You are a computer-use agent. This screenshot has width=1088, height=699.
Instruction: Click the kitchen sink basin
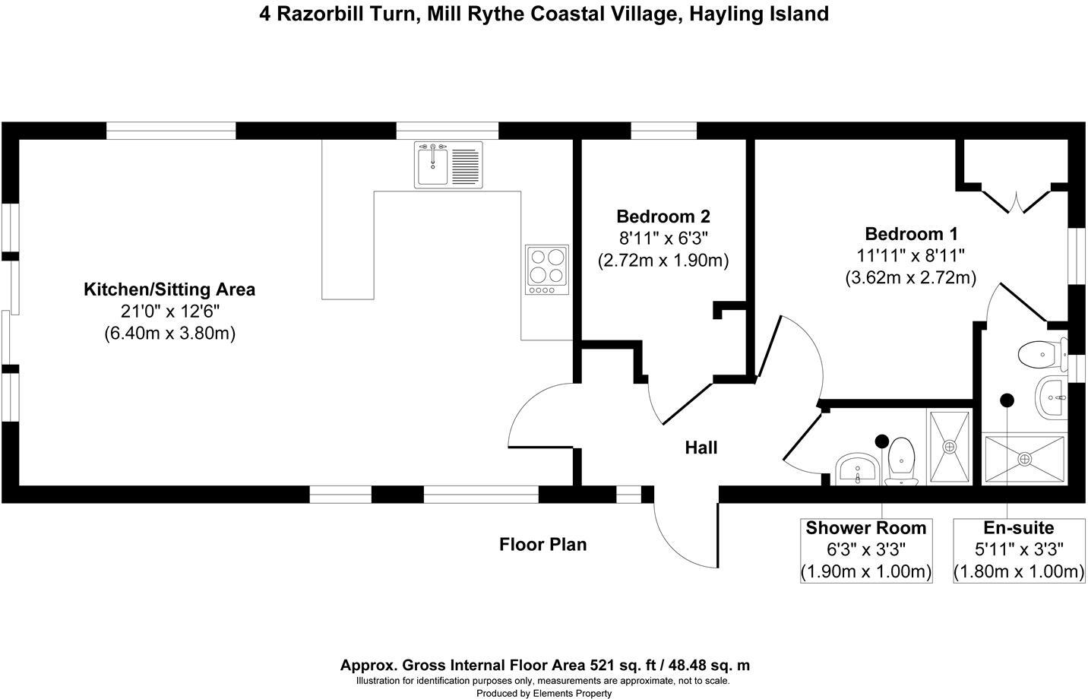click(432, 164)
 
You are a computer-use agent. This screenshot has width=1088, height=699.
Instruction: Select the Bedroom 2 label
click(663, 217)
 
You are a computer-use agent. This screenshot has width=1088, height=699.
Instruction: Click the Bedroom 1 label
click(911, 233)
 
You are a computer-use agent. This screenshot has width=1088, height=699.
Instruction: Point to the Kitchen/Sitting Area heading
click(169, 289)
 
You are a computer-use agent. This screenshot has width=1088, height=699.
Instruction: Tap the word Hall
click(701, 448)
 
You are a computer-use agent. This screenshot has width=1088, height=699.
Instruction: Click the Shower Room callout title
click(866, 528)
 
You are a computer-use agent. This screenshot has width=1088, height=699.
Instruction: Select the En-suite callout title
click(1018, 528)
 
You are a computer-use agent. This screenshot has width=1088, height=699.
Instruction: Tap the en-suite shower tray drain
click(1024, 459)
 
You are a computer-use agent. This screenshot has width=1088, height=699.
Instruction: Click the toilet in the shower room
click(902, 459)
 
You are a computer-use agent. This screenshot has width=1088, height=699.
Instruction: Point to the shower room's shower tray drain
click(949, 447)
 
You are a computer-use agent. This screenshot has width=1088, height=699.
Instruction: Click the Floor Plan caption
click(542, 545)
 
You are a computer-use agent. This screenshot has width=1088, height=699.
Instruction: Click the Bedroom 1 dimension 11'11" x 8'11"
click(910, 256)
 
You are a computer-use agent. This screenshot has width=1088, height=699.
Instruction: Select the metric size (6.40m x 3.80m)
click(169, 333)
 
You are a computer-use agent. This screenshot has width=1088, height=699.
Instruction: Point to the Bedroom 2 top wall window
click(663, 131)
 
